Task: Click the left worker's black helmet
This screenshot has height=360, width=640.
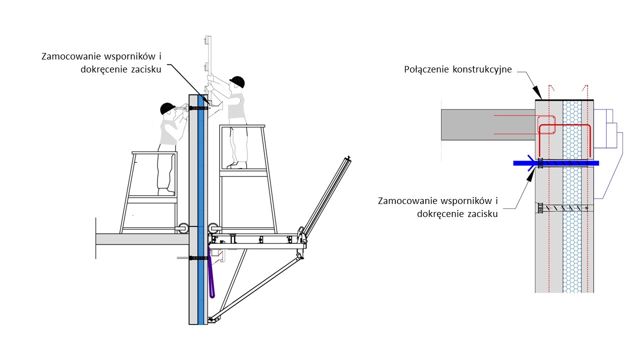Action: point(167,107)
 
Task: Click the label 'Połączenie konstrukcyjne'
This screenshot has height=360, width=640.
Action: point(457,69)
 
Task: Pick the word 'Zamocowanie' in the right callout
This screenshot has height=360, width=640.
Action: point(408,201)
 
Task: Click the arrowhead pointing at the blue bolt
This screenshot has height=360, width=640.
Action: point(530,170)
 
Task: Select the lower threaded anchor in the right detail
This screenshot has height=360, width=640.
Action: point(562,207)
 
